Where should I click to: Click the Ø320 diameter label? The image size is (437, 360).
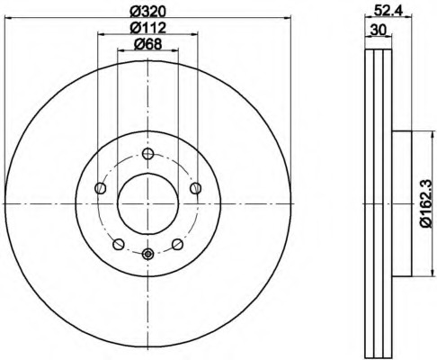click(x=147, y=11)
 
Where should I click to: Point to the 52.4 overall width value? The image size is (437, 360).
click(x=388, y=11)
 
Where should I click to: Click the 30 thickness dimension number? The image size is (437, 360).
click(x=379, y=30)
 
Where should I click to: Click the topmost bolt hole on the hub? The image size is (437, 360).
click(x=148, y=152)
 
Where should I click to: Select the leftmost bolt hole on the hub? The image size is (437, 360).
click(x=101, y=188)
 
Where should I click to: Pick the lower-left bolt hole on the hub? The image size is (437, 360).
click(x=119, y=244)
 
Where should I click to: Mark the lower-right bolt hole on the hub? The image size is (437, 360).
click(x=177, y=244)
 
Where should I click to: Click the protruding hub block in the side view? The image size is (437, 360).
click(x=401, y=203)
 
